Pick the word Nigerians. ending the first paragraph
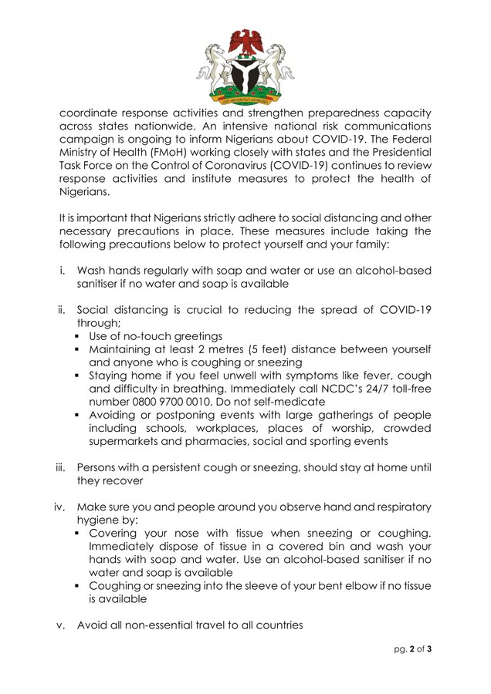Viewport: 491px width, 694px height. tap(84, 193)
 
